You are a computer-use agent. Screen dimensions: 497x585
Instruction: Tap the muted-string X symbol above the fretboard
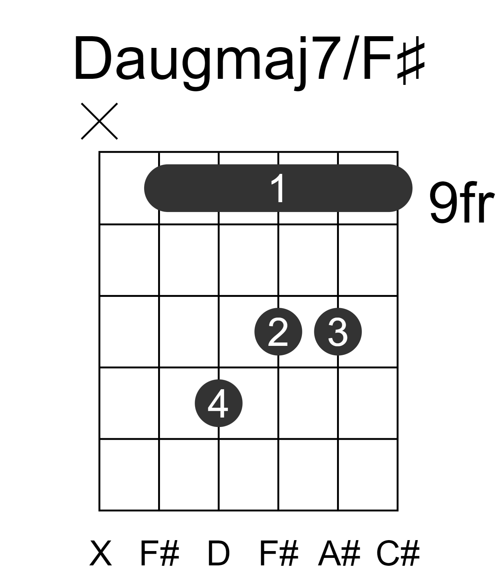coord(99,121)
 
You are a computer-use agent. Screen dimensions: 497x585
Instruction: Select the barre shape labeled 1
coord(278,188)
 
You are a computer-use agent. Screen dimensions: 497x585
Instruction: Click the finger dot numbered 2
coord(279,332)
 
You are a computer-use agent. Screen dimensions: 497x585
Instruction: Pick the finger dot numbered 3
coord(338,332)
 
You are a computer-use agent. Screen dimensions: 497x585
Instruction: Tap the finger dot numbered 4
coord(218,403)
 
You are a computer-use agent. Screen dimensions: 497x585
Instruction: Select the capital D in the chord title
coord(92,58)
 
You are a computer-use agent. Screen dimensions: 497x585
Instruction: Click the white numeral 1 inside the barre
coord(279,188)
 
